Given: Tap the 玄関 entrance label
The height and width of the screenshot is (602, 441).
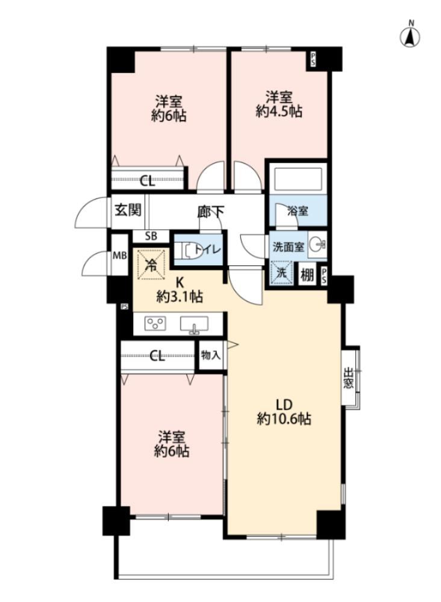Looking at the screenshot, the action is coord(128,210).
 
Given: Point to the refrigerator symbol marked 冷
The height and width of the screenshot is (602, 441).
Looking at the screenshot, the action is coord(151,264).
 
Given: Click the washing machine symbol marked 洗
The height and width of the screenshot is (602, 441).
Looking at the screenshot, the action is coord(281,273).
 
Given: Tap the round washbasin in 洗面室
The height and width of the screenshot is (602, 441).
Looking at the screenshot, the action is coord(317,244).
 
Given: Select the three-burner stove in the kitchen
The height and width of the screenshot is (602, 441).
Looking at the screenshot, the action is coord(155,323).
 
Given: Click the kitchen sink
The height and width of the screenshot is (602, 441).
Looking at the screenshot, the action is coord(194,325).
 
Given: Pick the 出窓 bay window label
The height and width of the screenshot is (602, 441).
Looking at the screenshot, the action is coord(348,378).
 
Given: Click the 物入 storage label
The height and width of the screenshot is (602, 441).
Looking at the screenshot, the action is coord(211,355).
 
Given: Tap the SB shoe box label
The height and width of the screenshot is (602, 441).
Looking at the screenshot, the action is coord(151,236).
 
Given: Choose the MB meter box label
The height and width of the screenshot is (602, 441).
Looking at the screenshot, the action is coord(119,255).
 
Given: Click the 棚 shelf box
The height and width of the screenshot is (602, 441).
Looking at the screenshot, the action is coord(307,274).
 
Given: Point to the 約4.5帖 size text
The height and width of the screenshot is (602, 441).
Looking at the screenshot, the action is coord(279,112).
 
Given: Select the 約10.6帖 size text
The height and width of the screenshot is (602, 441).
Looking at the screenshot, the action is coord(284,419).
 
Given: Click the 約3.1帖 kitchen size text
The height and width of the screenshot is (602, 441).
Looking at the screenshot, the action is coord(180,296).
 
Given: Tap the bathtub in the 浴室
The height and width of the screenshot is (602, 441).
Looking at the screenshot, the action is coord(298,179).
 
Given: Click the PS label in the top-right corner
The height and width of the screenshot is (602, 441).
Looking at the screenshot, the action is coord(313,60).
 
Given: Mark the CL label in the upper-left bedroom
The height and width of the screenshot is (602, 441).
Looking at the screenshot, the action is coord(147,180).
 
